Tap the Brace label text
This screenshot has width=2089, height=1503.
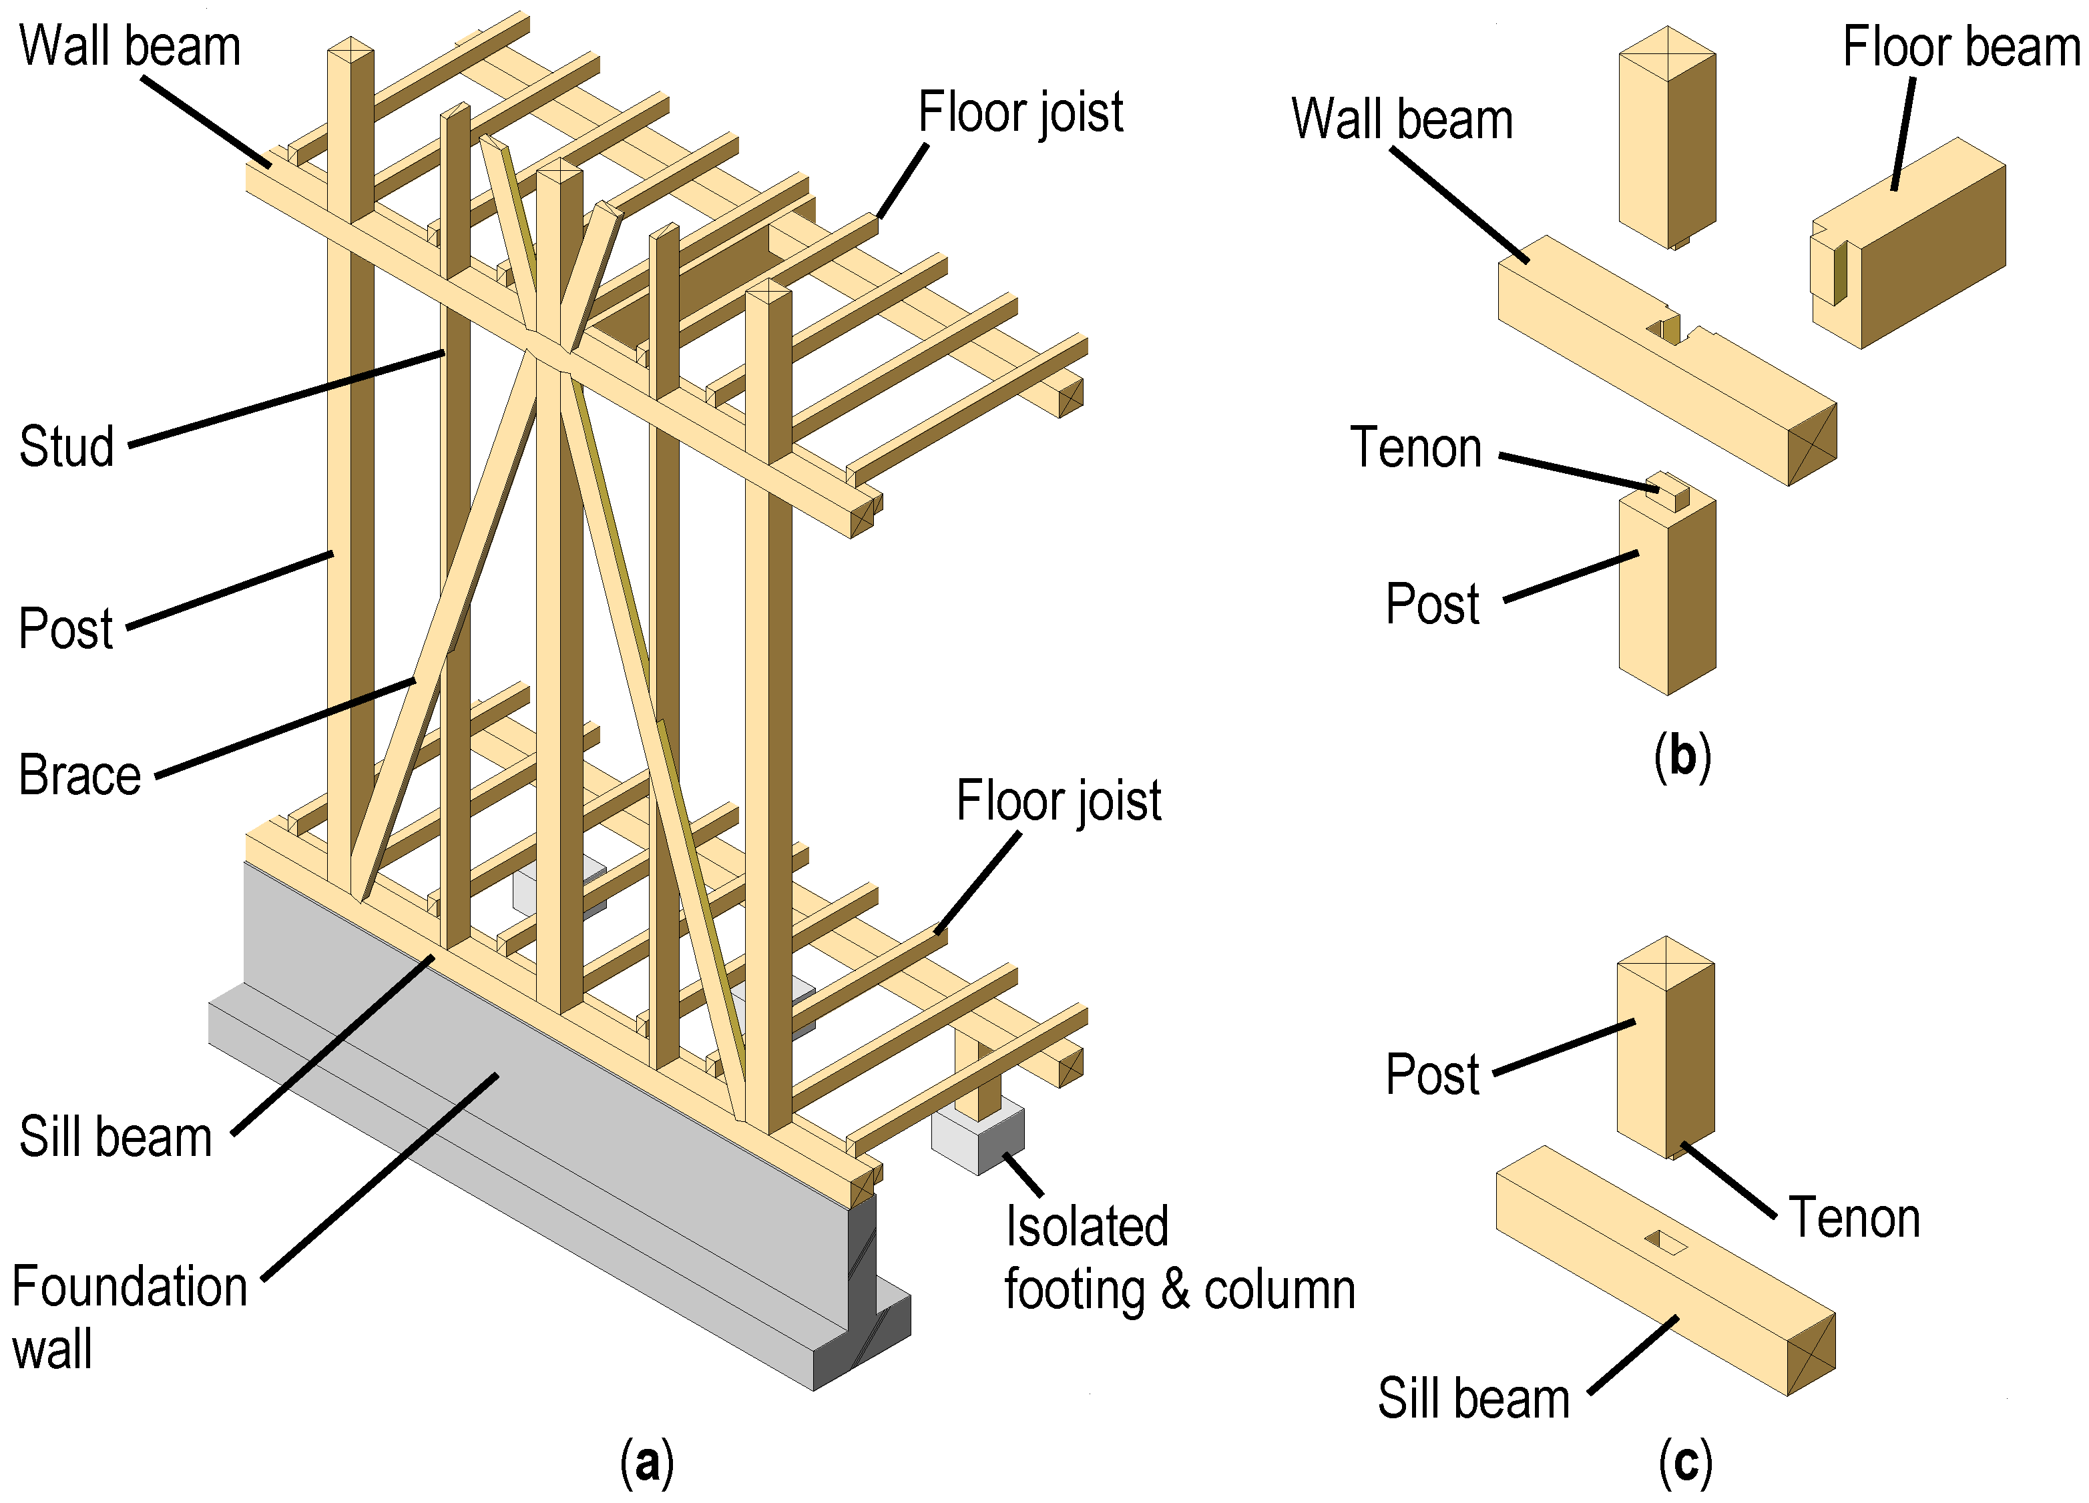[79, 774]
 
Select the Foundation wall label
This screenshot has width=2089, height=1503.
[129, 1317]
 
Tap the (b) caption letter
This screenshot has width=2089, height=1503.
[1682, 757]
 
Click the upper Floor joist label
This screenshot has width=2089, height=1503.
[1021, 112]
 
